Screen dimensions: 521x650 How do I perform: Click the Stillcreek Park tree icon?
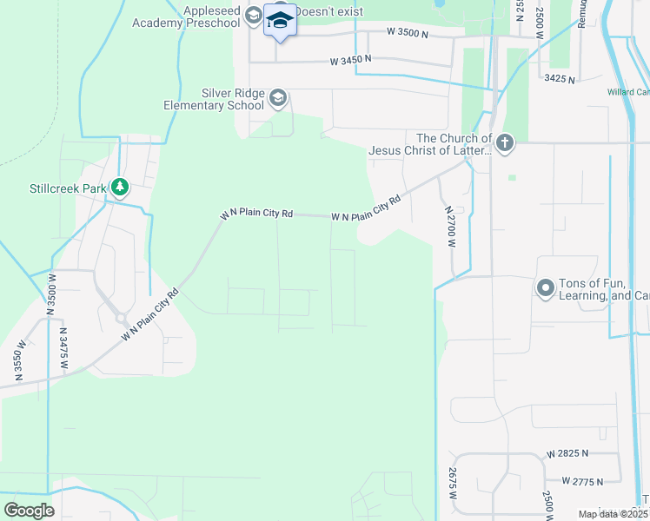(x=120, y=187)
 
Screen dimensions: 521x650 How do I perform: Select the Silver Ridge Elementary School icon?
(x=278, y=97)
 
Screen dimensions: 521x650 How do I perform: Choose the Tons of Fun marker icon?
(x=546, y=287)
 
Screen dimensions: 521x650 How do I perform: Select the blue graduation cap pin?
(x=280, y=21)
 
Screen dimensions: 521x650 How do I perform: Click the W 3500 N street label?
(x=409, y=33)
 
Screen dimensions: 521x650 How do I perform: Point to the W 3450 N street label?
(x=350, y=60)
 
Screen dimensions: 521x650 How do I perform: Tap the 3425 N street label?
(x=560, y=78)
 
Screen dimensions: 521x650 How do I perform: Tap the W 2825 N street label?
(x=567, y=453)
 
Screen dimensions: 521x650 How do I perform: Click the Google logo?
(x=29, y=511)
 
